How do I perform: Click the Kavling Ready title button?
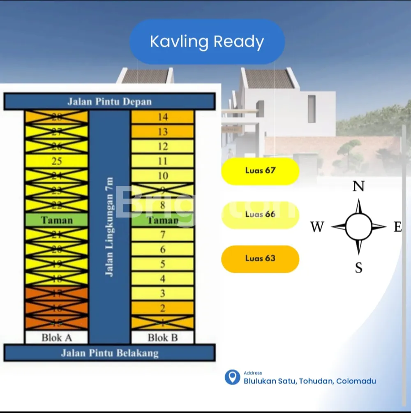pos(207,42)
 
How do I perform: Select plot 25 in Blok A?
pos(57,161)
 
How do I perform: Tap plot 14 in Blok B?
pos(163,117)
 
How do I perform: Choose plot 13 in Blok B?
pos(163,132)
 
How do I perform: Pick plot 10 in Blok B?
pos(163,176)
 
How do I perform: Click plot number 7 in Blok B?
pos(163,235)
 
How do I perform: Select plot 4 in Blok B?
pos(163,279)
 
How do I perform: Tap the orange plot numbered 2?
pos(163,308)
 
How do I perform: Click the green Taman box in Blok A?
pos(57,220)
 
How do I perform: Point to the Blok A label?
pos(57,338)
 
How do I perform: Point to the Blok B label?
pos(163,338)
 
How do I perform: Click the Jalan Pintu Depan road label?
pos(109,102)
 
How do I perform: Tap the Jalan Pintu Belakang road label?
pos(109,353)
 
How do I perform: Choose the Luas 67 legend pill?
pos(260,171)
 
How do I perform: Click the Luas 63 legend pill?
pos(260,258)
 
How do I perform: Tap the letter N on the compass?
pos(359,187)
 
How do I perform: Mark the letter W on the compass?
pos(317,227)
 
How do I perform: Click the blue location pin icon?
pos(232,377)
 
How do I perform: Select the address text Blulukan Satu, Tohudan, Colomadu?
pos(310,381)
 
